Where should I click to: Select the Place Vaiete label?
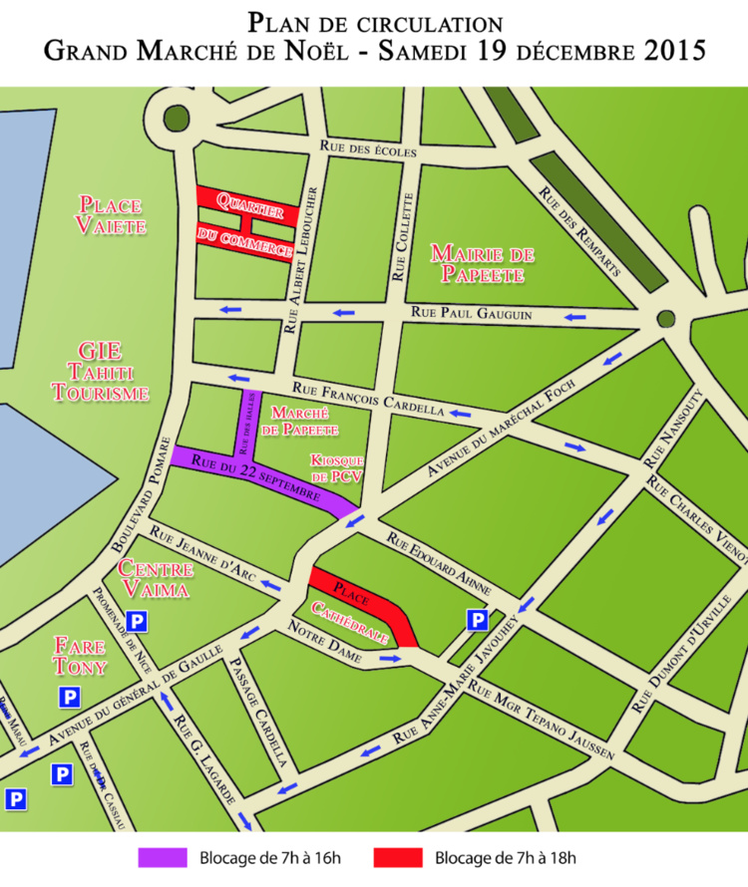(x=113, y=215)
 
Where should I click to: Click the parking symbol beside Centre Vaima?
(x=137, y=622)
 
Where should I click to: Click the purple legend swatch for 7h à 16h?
(x=163, y=857)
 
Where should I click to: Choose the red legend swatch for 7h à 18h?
(x=398, y=857)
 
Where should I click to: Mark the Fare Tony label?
(x=80, y=656)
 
